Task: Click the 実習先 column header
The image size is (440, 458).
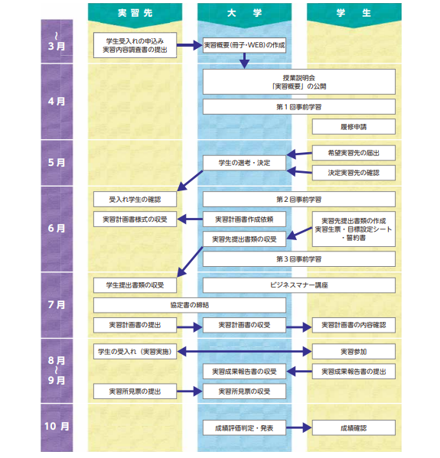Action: [135, 13]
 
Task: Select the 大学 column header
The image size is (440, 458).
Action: [244, 13]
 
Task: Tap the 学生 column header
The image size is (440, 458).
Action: [354, 13]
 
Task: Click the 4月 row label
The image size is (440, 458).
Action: [57, 102]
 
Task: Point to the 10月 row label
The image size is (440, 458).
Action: [57, 427]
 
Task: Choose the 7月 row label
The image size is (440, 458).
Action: [57, 305]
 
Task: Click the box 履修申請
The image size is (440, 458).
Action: [354, 127]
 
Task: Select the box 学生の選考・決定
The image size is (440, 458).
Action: [244, 163]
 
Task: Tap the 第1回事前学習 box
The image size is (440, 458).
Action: [299, 107]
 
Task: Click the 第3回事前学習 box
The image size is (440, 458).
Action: [299, 259]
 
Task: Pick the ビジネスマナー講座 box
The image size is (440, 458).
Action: [299, 285]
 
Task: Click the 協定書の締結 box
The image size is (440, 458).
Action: [190, 305]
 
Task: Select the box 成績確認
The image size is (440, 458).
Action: [354, 428]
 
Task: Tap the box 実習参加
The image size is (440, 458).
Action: [354, 352]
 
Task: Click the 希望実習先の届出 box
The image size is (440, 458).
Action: [354, 153]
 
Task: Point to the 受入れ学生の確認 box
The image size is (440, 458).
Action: [135, 200]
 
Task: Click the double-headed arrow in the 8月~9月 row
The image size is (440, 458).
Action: [244, 352]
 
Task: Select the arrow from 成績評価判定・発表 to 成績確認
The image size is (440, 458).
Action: [299, 428]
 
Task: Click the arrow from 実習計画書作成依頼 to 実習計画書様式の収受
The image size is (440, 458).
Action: [190, 219]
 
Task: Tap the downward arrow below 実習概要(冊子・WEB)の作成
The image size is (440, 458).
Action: [244, 60]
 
